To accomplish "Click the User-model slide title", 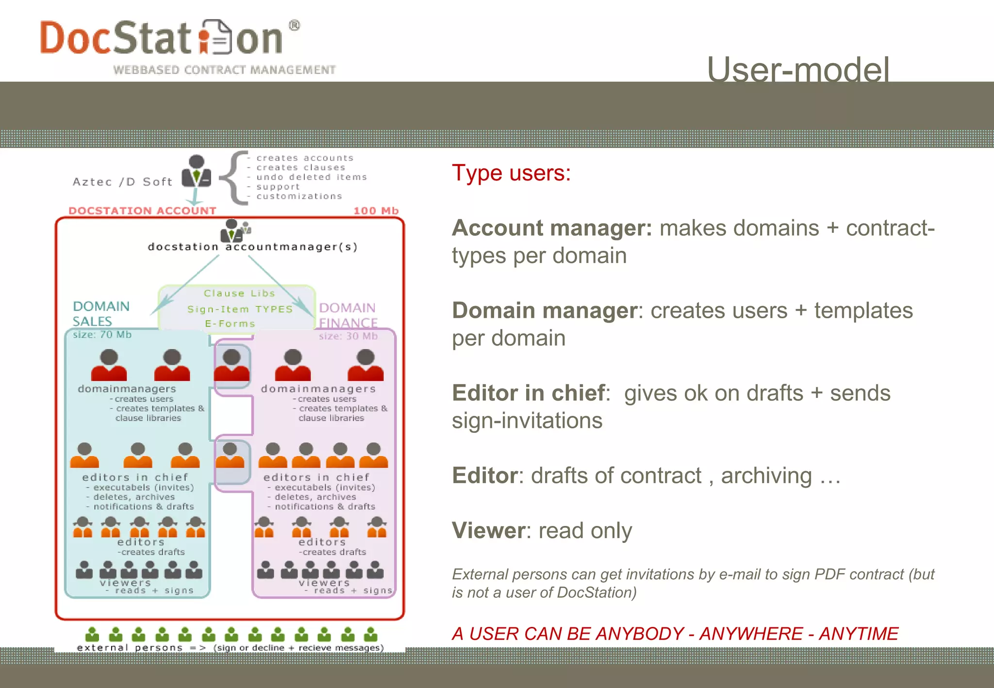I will pos(798,69).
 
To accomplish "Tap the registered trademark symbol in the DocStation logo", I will pos(294,25).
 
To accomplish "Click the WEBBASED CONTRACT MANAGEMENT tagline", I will pos(224,70).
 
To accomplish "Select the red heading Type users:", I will pos(511,173).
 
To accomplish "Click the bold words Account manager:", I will pos(552,228).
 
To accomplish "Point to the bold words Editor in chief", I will pos(529,393).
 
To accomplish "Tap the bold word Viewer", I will pos(487,530).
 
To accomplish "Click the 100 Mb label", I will pos(376,211).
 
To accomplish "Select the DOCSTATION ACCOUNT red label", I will pos(142,211).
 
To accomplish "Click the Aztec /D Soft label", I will pos(122,182).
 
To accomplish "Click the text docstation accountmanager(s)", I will pos(252,247).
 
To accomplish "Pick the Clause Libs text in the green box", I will pos(239,294).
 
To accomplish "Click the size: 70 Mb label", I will pos(102,335).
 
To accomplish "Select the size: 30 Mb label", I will pos(348,336).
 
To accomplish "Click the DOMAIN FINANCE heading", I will pos(348,315).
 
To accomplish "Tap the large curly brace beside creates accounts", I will pos(233,178).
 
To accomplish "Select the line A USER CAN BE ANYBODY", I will pos(675,634).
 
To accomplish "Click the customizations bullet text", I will pos(299,197).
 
